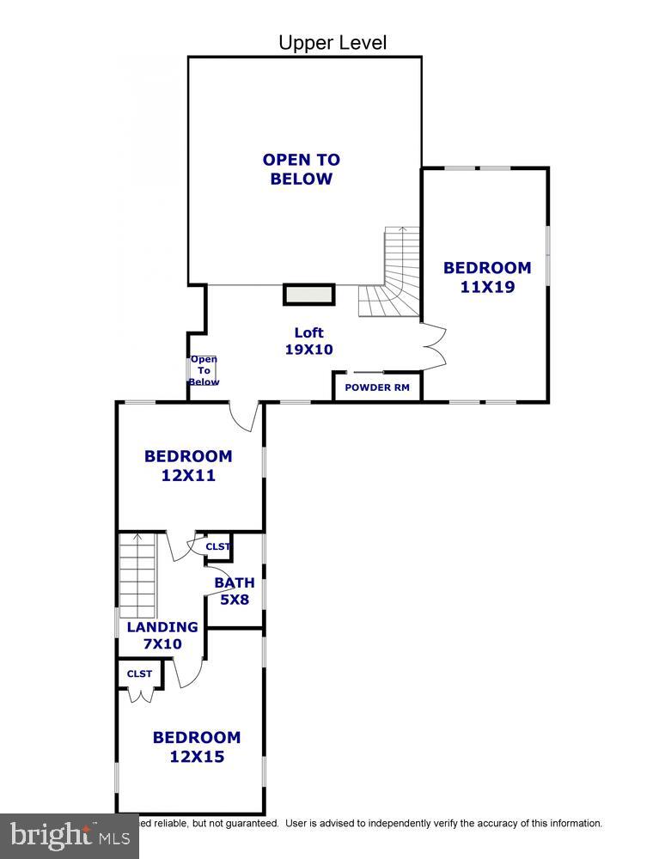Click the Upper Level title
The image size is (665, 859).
332,42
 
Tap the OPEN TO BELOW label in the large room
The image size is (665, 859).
301,169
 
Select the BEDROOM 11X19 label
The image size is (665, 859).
487,277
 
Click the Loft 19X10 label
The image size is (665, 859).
308,341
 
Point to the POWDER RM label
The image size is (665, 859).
377,387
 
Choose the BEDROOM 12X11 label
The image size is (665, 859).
188,466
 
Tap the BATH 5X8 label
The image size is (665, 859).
235,591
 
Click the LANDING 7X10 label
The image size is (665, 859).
162,635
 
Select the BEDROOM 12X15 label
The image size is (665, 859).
197,746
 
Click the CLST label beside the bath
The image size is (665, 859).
218,546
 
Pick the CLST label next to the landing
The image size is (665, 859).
139,674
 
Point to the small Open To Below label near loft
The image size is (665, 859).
204,371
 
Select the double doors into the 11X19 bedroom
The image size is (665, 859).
434,346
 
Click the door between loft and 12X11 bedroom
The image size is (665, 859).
245,414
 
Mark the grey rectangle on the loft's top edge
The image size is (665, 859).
309,295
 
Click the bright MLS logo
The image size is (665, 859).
69,835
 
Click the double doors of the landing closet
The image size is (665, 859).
139,694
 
